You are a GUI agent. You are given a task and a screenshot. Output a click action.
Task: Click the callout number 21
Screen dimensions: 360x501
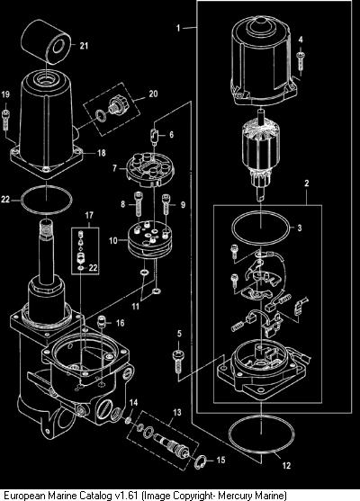(x=84, y=46)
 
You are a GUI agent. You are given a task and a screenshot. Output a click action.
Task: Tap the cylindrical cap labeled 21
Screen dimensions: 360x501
(x=48, y=42)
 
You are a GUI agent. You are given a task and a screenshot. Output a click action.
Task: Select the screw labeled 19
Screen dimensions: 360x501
(x=5, y=120)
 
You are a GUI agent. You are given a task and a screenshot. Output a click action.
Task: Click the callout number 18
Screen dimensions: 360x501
(x=102, y=153)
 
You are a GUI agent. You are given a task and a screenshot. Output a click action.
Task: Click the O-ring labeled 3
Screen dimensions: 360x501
(x=261, y=228)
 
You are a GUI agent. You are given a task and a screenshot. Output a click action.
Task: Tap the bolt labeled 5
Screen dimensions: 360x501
(x=178, y=362)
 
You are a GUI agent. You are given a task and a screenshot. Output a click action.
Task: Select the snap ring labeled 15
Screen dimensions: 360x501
(x=201, y=461)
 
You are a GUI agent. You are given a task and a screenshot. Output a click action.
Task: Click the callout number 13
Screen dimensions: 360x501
(x=176, y=413)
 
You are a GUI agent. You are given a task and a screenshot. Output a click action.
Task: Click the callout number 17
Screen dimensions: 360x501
(x=89, y=215)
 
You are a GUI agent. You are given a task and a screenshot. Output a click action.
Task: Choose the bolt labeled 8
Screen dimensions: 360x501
(x=138, y=204)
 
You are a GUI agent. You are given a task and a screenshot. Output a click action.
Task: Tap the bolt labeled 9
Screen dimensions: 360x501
(x=166, y=204)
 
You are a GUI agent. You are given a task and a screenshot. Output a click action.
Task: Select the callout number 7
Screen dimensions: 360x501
(x=114, y=167)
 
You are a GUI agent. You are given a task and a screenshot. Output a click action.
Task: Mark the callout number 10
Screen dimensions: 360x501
(x=113, y=240)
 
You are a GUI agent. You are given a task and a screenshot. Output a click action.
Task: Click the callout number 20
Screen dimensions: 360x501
(x=154, y=94)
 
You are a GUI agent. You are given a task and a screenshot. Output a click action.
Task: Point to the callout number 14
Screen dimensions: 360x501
(x=133, y=402)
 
